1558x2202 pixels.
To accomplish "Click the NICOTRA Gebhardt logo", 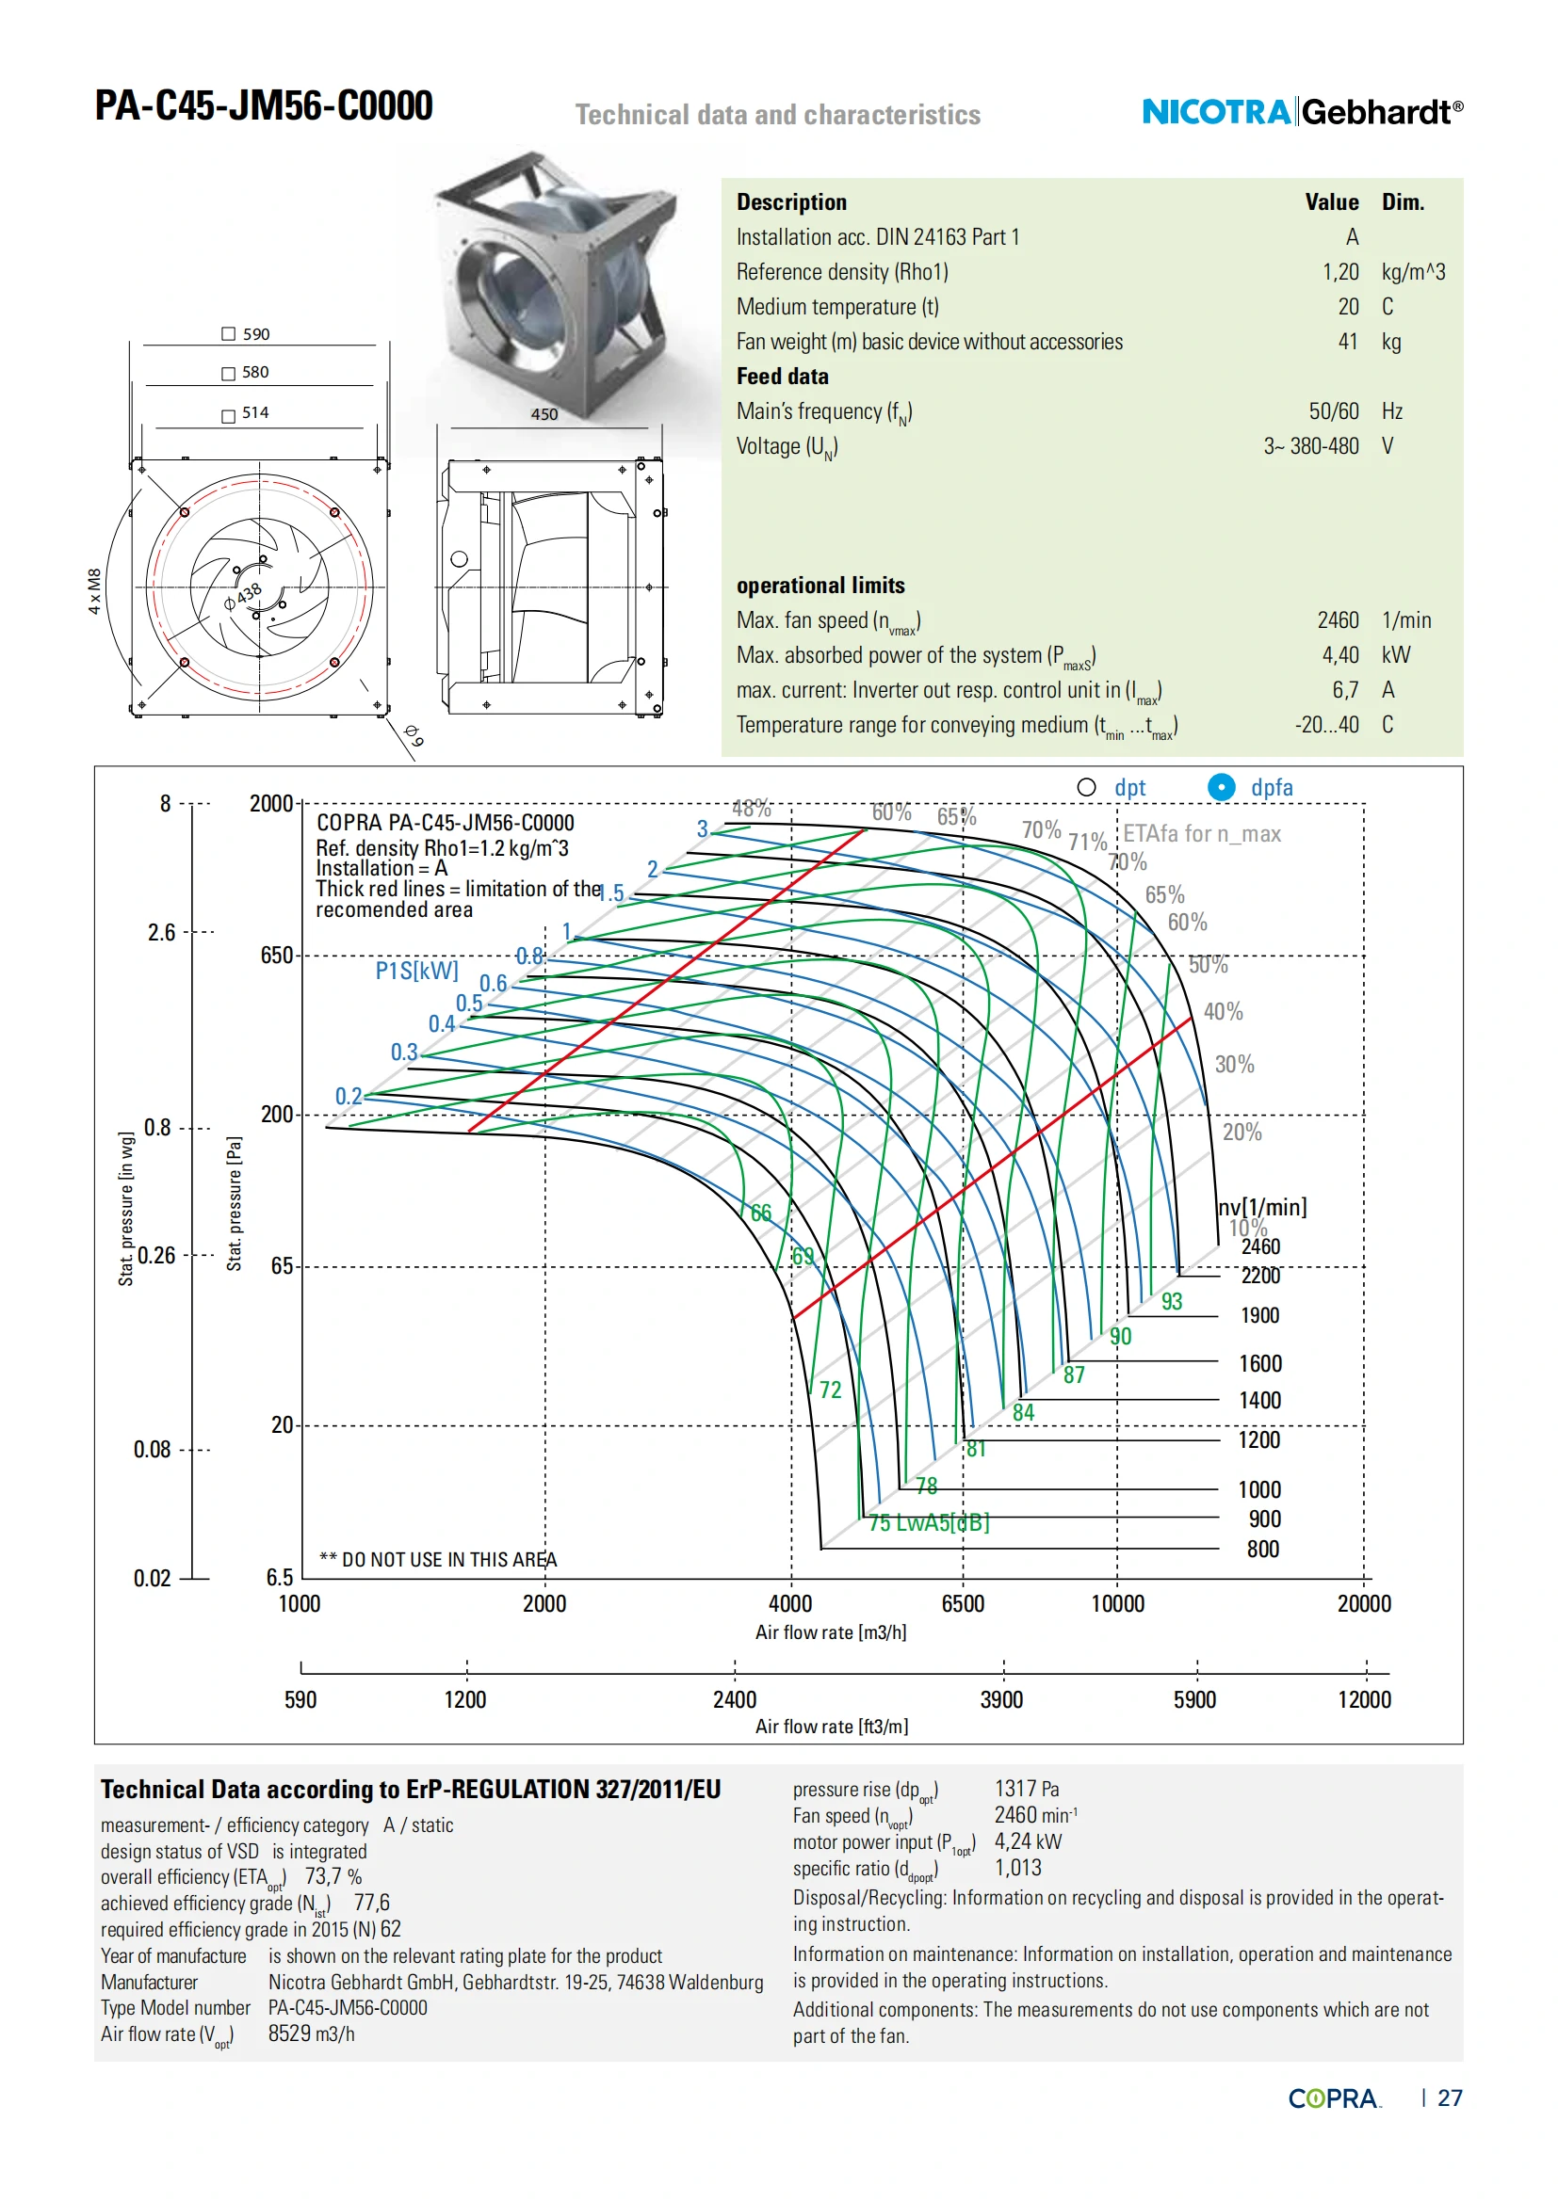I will click(1301, 112).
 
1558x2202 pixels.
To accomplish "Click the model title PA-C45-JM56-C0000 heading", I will click(264, 105).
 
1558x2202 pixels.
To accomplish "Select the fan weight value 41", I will click(1348, 342).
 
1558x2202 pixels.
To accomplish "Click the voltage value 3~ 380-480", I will click(1310, 446).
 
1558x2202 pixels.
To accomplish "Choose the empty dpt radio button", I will click(1086, 787).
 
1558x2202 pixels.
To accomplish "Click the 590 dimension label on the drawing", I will click(255, 334).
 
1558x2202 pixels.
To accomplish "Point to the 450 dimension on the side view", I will click(544, 414).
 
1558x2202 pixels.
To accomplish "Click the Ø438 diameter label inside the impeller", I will click(243, 596).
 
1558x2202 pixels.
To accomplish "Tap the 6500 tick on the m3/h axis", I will click(963, 1603).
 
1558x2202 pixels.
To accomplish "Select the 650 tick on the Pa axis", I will click(276, 956).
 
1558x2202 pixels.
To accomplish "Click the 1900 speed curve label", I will click(1259, 1315).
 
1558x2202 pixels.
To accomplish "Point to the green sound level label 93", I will click(1172, 1301).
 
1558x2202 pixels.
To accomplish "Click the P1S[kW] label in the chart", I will click(416, 971).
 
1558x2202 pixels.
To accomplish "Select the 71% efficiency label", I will click(1087, 842).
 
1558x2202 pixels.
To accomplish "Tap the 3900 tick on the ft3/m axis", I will click(1000, 1699).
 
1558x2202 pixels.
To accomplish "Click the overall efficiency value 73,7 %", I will click(333, 1877).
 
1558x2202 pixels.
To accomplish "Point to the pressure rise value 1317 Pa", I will click(1027, 1789).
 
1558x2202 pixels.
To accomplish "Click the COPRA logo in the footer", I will click(1334, 2098).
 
